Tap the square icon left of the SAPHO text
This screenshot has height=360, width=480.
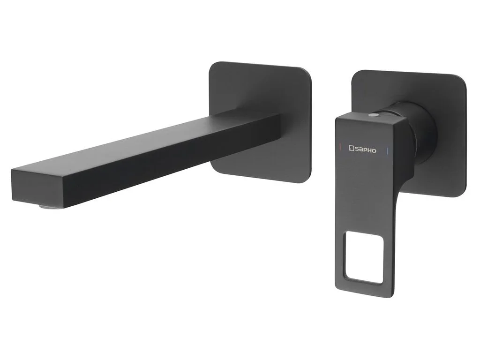pos(351,149)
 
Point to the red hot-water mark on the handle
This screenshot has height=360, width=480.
pos(340,146)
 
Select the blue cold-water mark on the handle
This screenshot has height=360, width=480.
pos(388,151)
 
